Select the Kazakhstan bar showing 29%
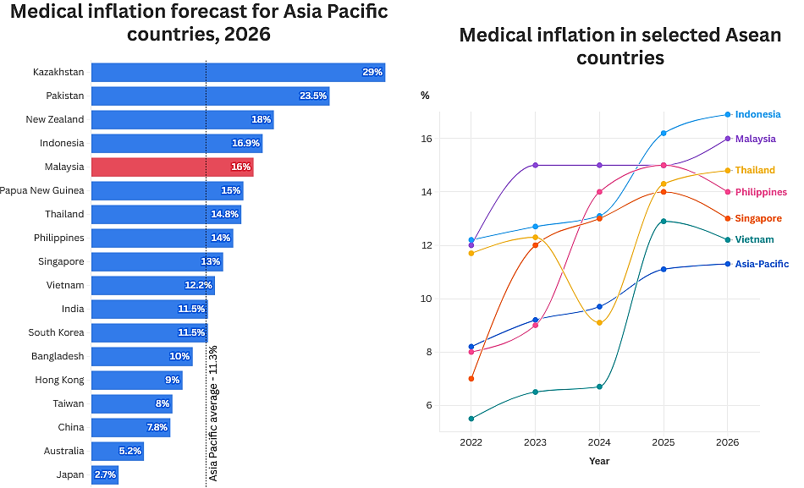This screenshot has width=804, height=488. (238, 72)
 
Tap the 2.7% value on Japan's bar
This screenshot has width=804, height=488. (105, 474)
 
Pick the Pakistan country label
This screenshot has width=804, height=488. (64, 96)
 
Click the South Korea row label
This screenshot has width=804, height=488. (56, 332)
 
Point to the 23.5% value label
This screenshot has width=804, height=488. (313, 96)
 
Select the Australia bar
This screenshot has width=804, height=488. (117, 451)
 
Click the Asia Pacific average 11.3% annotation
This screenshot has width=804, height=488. (213, 413)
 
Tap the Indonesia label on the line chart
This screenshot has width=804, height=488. (757, 114)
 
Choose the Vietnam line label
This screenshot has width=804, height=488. (754, 240)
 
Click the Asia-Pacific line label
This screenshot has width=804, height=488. (762, 264)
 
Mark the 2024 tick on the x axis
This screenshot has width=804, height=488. (599, 442)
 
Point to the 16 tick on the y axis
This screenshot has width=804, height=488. (427, 139)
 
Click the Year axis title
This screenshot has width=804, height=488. (599, 461)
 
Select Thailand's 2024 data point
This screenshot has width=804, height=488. (599, 322)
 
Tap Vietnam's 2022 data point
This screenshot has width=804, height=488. (471, 418)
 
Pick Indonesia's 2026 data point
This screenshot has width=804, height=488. (728, 114)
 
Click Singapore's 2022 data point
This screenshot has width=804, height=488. (471, 378)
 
